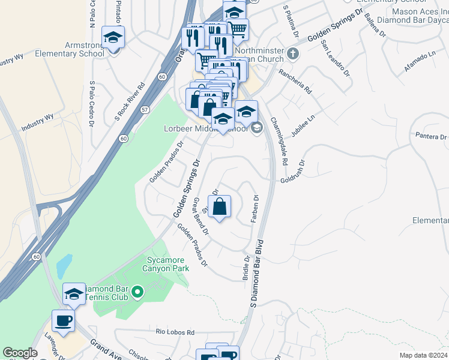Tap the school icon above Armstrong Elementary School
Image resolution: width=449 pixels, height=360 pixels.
coord(113,37)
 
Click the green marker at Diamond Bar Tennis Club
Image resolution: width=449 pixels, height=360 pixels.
coord(137,292)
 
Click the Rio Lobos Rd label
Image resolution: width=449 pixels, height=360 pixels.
coord(175,332)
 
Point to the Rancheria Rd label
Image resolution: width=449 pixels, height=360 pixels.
coord(299,83)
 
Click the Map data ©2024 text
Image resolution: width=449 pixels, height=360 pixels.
coord(423,355)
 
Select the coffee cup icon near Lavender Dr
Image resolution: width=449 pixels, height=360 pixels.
coord(63,320)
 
